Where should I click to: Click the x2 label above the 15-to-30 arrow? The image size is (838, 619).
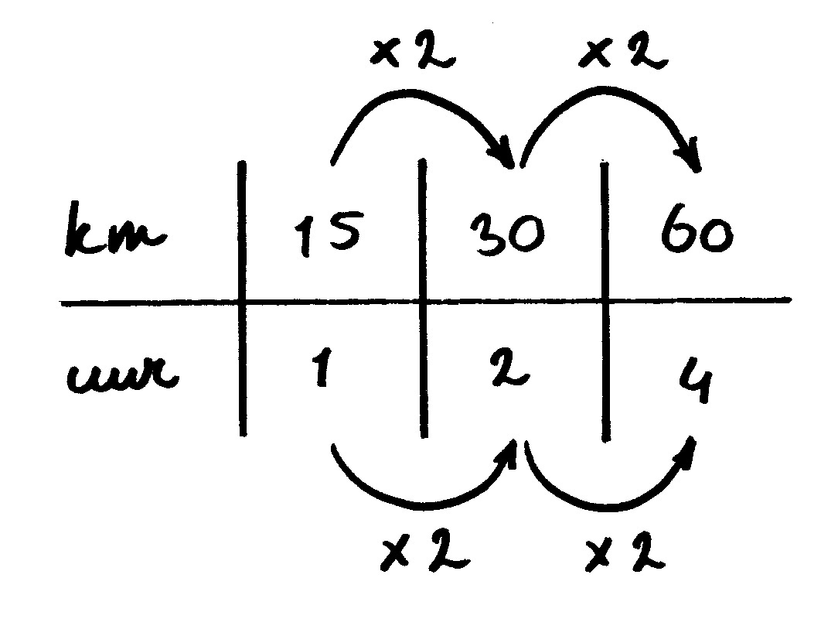click(412, 54)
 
